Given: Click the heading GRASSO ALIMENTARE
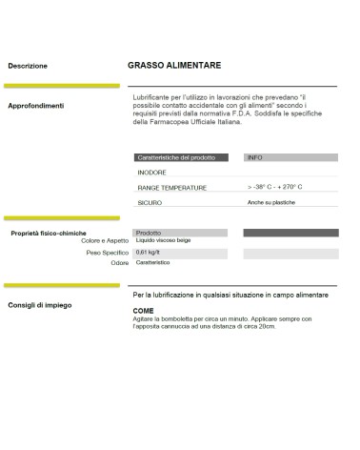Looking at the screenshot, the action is pyautogui.click(x=174, y=66).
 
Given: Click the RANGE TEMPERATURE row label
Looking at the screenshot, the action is pyautogui.click(x=171, y=188).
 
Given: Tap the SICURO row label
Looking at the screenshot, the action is pyautogui.click(x=150, y=203).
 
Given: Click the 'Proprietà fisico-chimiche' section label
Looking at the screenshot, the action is pyautogui.click(x=49, y=233).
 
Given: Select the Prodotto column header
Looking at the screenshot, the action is pyautogui.click(x=148, y=233).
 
